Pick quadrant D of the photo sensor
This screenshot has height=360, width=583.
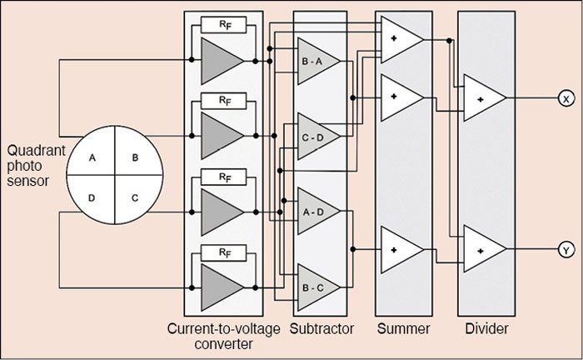pos(93,199)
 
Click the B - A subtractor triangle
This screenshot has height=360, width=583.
pos(316,62)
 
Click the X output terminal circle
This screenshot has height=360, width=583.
pos(565,98)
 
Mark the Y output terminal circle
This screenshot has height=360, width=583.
pos(565,249)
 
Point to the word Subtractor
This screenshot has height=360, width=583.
pos(323,329)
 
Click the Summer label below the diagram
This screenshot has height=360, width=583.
pos(404,329)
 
